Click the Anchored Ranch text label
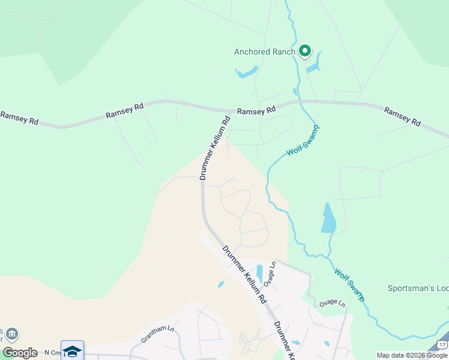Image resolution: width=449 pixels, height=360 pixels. (264, 52)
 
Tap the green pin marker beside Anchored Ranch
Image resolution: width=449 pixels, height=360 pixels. (305, 51)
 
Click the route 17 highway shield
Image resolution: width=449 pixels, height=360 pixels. (442, 344)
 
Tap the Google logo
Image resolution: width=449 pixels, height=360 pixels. (20, 353)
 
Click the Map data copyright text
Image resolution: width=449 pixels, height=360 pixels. (412, 355)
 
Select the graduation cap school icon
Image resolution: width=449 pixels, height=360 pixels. (72, 351)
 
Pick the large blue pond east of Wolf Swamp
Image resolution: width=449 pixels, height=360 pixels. (328, 218)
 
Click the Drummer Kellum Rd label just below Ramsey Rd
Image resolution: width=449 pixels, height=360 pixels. (214, 148)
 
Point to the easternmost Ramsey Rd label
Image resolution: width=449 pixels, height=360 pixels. (402, 116)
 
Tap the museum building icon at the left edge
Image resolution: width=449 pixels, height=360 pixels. (11, 334)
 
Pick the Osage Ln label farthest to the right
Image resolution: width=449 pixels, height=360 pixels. (332, 304)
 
